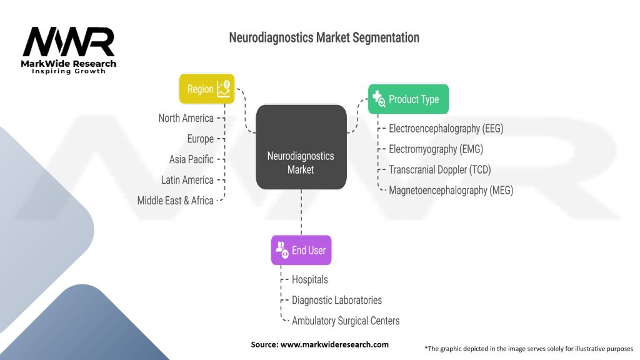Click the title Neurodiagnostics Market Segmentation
point(324,37)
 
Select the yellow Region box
point(207,89)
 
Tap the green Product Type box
point(408,99)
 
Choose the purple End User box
point(301,250)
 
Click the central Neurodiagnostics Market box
point(301,147)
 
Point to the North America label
point(186,118)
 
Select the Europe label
point(200,139)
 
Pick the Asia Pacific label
point(191,159)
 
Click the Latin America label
point(187,180)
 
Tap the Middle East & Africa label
point(175,201)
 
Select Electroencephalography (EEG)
point(446,129)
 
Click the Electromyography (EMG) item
point(436,149)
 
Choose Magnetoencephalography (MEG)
point(451,191)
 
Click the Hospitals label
point(309,279)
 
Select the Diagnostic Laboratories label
point(336,300)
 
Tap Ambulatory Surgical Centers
point(345,321)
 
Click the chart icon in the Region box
point(223,89)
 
